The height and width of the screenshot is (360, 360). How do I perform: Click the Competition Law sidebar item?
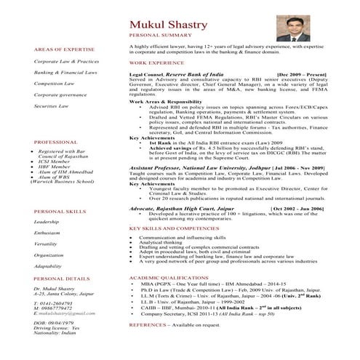point(55,83)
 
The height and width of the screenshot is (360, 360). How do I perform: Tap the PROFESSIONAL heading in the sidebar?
point(56,142)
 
